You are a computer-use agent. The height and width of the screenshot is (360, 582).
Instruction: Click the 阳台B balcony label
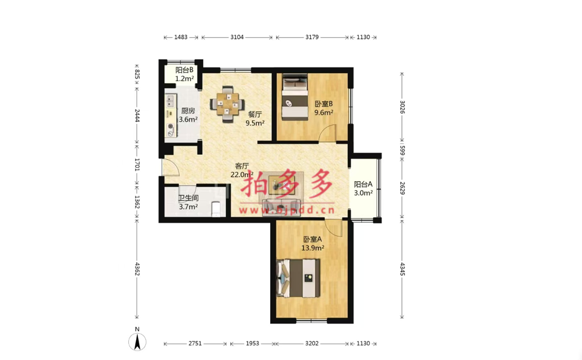pyautogui.click(x=185, y=70)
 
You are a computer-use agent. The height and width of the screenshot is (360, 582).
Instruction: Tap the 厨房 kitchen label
pyautogui.click(x=188, y=110)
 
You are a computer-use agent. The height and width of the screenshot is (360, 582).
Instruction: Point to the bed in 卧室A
pyautogui.click(x=298, y=278)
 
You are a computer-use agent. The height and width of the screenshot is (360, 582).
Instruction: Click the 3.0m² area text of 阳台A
pyautogui.click(x=363, y=193)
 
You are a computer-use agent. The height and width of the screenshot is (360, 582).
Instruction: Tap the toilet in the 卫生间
pyautogui.click(x=215, y=209)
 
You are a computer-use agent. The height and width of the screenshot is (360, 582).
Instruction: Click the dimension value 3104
pyautogui.click(x=237, y=37)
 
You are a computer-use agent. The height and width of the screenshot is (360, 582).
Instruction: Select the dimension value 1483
pyautogui.click(x=181, y=37)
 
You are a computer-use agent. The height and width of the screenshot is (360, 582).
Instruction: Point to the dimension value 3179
pyautogui.click(x=312, y=37)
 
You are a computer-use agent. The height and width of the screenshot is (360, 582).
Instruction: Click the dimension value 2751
pyautogui.click(x=195, y=344)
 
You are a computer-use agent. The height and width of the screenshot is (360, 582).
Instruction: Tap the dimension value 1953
pyautogui.click(x=252, y=344)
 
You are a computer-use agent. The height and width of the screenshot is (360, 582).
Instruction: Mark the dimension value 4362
pyautogui.click(x=137, y=269)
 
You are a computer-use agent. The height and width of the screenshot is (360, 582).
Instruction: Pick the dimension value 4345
pyautogui.click(x=402, y=269)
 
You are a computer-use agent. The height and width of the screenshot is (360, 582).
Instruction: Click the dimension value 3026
pyautogui.click(x=402, y=107)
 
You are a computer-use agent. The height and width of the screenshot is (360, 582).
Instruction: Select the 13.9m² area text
pyautogui.click(x=312, y=247)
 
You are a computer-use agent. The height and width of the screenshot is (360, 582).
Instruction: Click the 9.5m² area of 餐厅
pyautogui.click(x=255, y=123)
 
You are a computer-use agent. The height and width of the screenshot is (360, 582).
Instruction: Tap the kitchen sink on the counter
pyautogui.click(x=171, y=100)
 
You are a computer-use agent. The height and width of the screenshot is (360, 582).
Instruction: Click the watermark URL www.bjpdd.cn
pyautogui.click(x=287, y=210)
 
